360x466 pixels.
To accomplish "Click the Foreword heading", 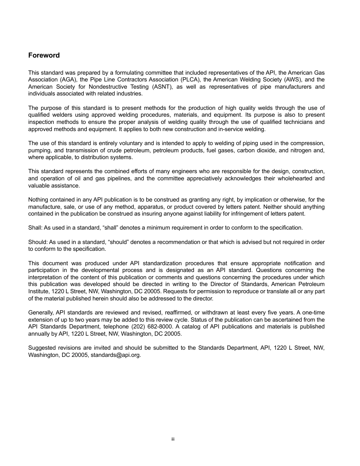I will pos(44,55).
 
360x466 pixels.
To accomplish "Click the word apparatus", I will pos(155,207).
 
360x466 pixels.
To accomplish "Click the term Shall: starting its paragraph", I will pos(35,228).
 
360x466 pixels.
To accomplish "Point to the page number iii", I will pos(173,439).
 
